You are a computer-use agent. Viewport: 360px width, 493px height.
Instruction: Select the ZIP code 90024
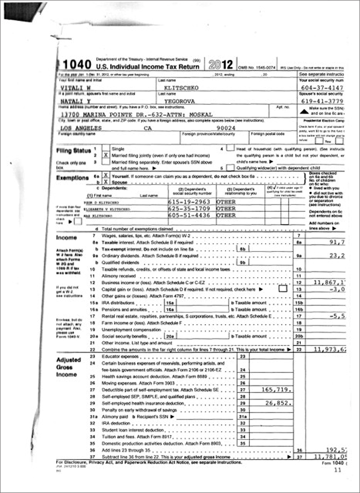point(226,128)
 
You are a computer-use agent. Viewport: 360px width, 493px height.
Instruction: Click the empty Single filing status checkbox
point(106,148)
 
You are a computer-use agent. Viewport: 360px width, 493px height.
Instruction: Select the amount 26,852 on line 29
point(275,404)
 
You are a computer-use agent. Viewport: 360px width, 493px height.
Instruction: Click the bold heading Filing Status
point(74,151)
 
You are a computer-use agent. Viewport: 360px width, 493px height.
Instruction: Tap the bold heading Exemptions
point(72,177)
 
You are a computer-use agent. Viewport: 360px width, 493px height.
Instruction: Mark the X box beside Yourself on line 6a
point(106,175)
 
